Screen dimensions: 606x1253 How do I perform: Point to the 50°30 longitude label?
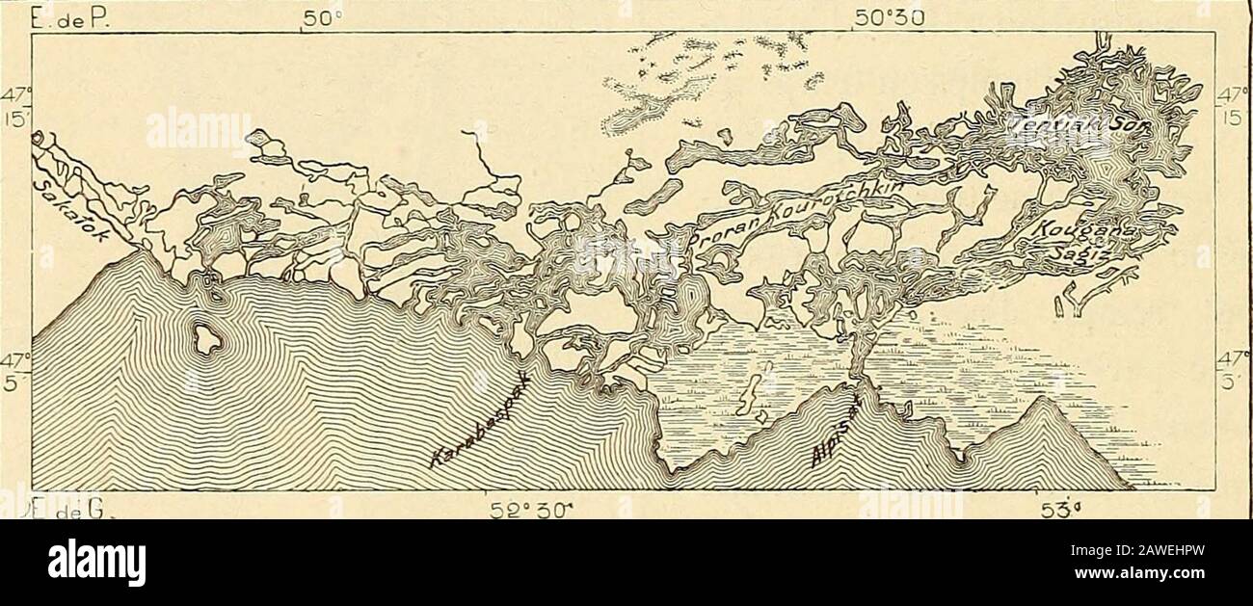pyautogui.click(x=896, y=16)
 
